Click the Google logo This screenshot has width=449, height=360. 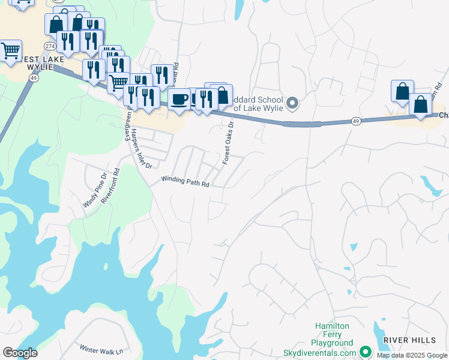[20, 353]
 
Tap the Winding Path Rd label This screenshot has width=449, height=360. [185, 182]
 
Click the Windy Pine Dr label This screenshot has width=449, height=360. [94, 190]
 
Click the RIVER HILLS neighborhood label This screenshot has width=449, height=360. [409, 340]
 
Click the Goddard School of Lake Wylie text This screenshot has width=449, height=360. [258, 103]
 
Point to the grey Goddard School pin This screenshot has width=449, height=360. [292, 103]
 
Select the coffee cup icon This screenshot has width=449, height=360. [179, 98]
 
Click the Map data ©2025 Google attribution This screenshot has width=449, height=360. [411, 355]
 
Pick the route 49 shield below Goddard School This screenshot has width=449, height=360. [356, 121]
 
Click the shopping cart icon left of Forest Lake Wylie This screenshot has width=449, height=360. [10, 52]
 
